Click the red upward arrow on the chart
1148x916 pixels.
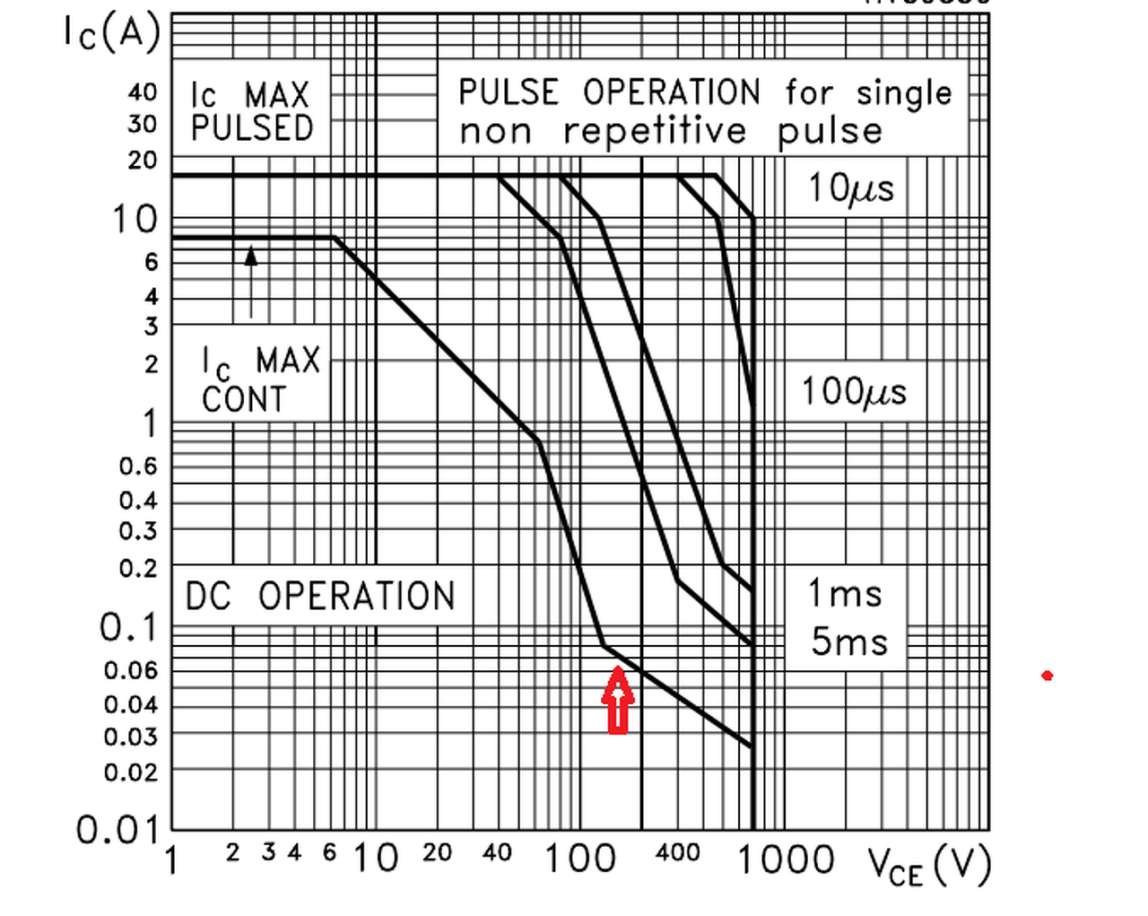click(x=618, y=701)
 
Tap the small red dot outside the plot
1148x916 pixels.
click(x=1047, y=675)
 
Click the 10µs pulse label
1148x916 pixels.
click(x=851, y=188)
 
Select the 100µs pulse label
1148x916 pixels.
click(x=854, y=392)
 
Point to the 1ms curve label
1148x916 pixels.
click(x=845, y=593)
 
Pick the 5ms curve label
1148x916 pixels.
click(x=848, y=641)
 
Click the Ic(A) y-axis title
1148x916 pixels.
click(x=111, y=33)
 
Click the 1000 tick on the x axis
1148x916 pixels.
click(x=786, y=859)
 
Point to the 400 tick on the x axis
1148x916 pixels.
click(x=677, y=852)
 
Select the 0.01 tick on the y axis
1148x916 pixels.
click(x=117, y=830)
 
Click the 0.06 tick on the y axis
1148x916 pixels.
click(x=131, y=670)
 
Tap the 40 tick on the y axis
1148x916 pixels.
click(x=142, y=92)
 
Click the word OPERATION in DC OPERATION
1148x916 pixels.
click(x=357, y=596)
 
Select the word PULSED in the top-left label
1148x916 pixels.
click(x=252, y=128)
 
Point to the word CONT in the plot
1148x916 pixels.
click(x=244, y=399)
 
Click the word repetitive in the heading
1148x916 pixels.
click(x=655, y=131)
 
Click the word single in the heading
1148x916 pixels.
click(x=903, y=92)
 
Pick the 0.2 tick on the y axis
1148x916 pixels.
click(x=137, y=568)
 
